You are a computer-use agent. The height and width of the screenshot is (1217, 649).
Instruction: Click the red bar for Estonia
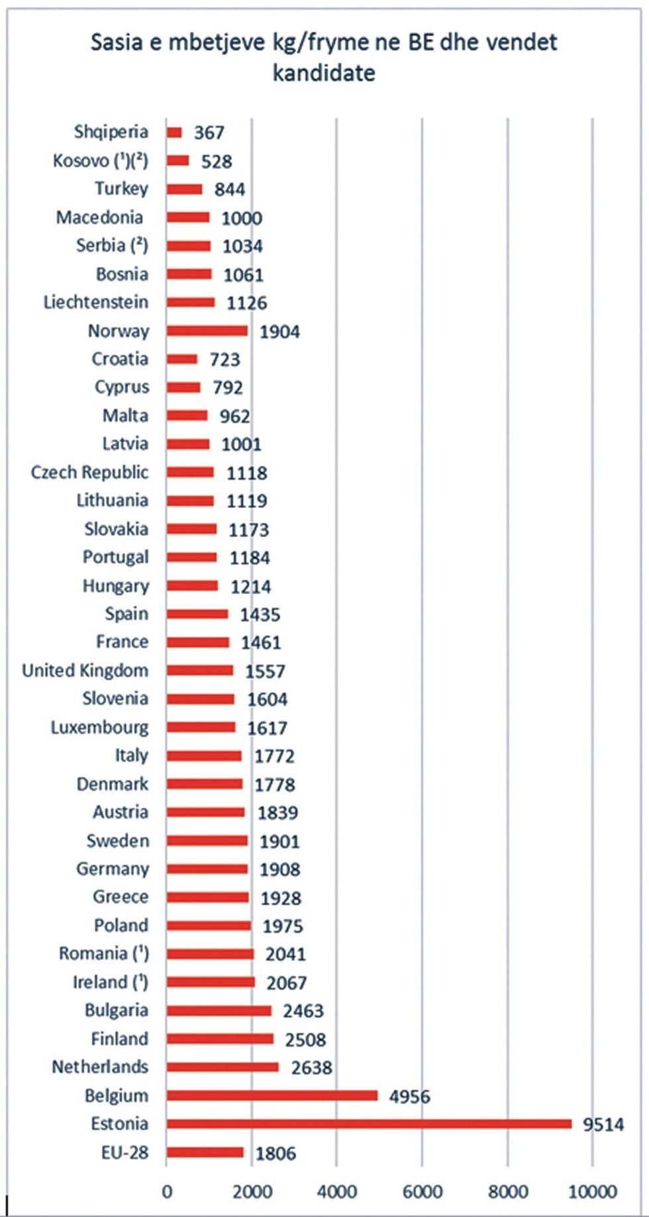click(368, 1124)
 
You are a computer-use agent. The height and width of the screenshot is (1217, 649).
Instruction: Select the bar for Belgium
click(272, 1096)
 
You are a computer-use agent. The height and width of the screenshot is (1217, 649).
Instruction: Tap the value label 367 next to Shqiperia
click(209, 132)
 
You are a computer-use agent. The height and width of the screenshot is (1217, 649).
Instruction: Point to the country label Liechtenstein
click(96, 303)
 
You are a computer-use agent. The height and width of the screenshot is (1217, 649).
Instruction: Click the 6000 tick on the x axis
click(423, 1192)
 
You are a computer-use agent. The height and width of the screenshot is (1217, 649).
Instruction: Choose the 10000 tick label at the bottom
click(593, 1192)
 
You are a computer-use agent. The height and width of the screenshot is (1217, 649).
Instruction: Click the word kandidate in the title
click(324, 72)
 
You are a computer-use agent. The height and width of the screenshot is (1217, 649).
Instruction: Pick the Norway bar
click(207, 330)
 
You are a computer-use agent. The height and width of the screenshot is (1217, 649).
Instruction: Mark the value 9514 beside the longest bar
click(603, 1124)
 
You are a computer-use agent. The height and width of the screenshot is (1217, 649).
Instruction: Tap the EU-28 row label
click(125, 1153)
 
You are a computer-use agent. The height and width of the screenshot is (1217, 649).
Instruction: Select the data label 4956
click(409, 1096)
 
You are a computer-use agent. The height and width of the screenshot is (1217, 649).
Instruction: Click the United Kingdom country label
click(85, 671)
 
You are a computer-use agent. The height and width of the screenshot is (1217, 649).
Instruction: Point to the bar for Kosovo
click(177, 160)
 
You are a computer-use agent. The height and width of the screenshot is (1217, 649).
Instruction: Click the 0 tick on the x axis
click(167, 1192)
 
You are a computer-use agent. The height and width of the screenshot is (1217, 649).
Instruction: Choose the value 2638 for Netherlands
click(311, 1067)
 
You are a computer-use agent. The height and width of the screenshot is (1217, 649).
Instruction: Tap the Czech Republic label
click(89, 473)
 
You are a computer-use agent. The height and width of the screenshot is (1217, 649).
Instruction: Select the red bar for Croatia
click(181, 359)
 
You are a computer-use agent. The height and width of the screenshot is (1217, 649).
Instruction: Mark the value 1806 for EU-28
click(275, 1153)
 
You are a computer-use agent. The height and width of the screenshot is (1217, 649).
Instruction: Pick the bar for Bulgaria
click(219, 1010)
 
